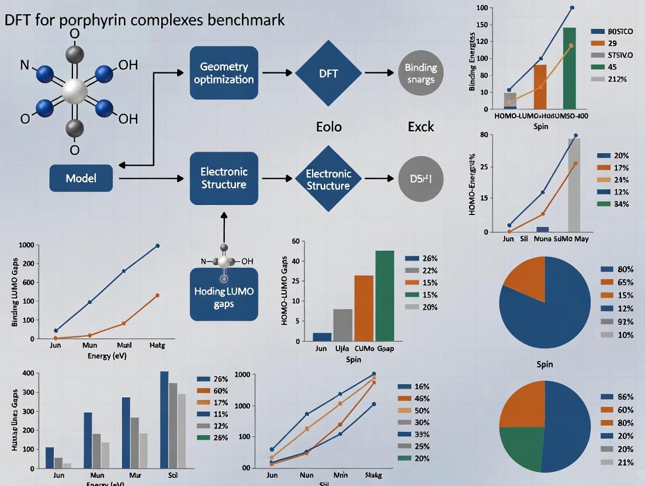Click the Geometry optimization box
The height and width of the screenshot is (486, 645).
224,73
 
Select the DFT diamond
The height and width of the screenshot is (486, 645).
328,74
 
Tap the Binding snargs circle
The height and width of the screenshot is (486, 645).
420,74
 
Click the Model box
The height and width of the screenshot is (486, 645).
81,178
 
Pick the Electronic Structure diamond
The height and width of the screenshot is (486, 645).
328,179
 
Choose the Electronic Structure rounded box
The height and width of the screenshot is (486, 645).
224,178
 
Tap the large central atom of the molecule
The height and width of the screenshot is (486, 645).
74,91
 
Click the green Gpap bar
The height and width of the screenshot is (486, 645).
384,296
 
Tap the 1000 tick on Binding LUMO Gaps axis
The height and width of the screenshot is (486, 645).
26,245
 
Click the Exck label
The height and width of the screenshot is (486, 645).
421,127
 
